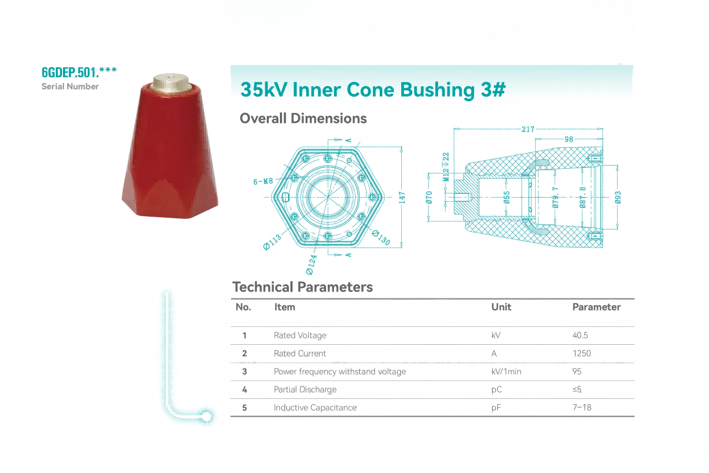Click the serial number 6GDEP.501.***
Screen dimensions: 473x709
click(x=79, y=72)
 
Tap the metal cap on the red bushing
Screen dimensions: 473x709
click(x=170, y=82)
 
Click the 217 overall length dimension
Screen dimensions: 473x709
click(x=528, y=129)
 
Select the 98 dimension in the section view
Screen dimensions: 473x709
click(x=569, y=139)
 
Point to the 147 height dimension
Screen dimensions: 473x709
click(x=402, y=198)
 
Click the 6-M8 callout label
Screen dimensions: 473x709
click(x=263, y=181)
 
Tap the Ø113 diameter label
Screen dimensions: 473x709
click(x=272, y=242)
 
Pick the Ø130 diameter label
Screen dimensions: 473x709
click(x=381, y=238)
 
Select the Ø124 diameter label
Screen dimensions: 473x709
click(x=311, y=264)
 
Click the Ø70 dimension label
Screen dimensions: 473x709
click(x=429, y=198)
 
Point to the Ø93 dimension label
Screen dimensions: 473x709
click(x=618, y=198)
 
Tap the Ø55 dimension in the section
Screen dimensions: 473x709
click(x=506, y=198)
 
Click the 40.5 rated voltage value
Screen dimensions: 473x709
click(x=580, y=335)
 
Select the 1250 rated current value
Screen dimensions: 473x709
click(x=581, y=353)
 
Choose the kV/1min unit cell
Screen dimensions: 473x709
click(x=506, y=372)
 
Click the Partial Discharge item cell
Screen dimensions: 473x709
click(x=305, y=389)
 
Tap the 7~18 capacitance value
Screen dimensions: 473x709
click(x=581, y=407)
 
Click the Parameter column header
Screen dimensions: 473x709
click(x=596, y=307)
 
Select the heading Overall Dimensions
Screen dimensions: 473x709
click(x=303, y=118)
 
